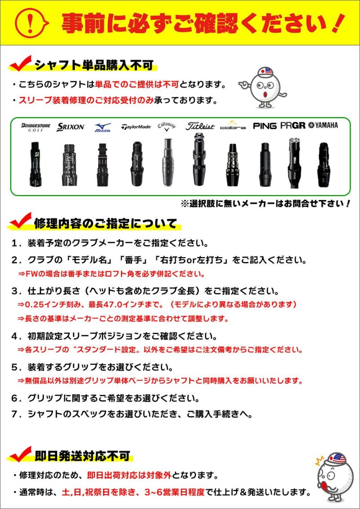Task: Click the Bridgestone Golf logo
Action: click(x=36, y=127)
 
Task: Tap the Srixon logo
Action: click(x=71, y=127)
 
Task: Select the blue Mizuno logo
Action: click(x=103, y=127)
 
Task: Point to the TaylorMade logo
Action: click(x=136, y=127)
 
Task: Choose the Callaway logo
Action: click(x=166, y=126)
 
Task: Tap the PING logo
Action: click(x=265, y=126)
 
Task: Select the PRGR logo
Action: click(x=292, y=125)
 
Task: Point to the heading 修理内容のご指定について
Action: click(x=105, y=223)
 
